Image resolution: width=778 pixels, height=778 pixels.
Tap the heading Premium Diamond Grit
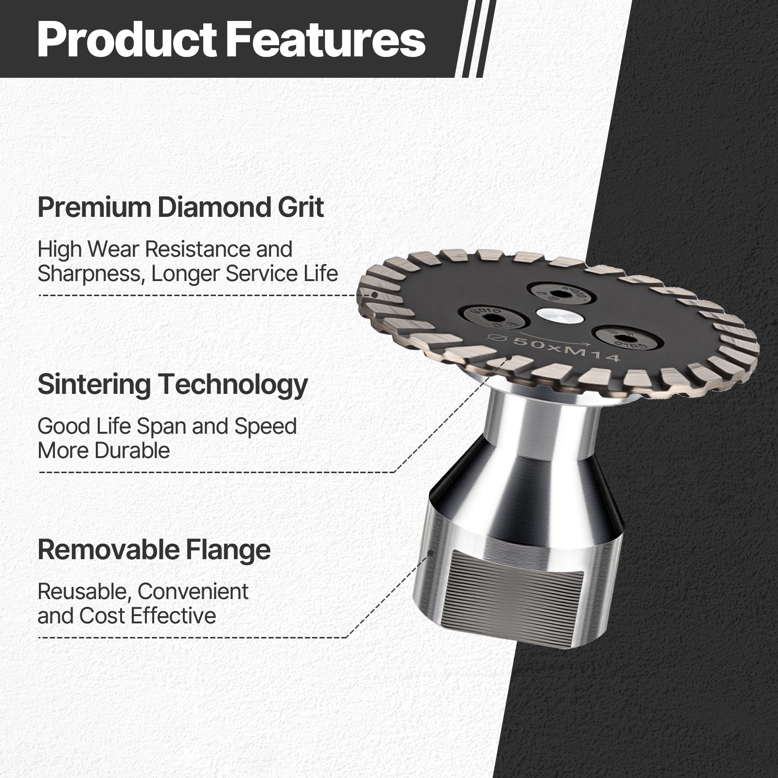[180, 207]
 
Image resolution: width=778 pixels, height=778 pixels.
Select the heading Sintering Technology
[173, 384]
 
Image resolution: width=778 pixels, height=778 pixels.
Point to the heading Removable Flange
[154, 549]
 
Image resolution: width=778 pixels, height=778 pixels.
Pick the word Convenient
[193, 592]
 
